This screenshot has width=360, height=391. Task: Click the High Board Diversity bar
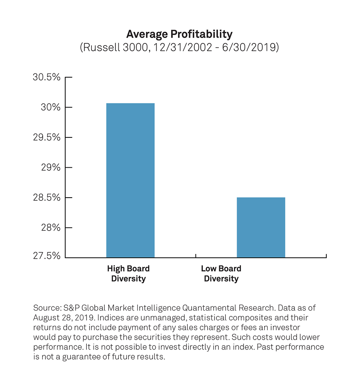click(x=130, y=180)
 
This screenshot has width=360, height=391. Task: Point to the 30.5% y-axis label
click(x=47, y=77)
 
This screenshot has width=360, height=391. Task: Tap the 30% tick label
click(x=51, y=107)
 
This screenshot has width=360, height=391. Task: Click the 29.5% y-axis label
click(x=47, y=137)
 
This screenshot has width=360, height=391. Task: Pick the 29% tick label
click(x=51, y=167)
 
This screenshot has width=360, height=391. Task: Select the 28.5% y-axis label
click(x=47, y=198)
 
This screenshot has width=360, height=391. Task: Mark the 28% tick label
click(x=51, y=228)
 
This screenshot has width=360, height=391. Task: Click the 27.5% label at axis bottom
click(x=47, y=256)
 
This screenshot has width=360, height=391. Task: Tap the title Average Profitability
click(x=179, y=34)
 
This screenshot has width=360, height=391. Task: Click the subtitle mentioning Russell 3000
click(x=179, y=48)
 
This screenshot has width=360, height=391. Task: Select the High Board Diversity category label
click(x=128, y=273)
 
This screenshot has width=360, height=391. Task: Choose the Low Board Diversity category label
click(x=221, y=273)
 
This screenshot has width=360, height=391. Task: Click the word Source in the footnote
click(x=45, y=308)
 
